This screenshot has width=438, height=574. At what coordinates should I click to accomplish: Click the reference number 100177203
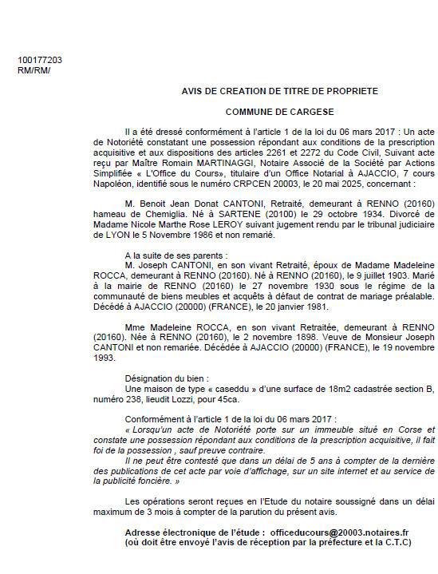(39, 60)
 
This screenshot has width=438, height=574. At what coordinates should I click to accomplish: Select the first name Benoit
(156, 203)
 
